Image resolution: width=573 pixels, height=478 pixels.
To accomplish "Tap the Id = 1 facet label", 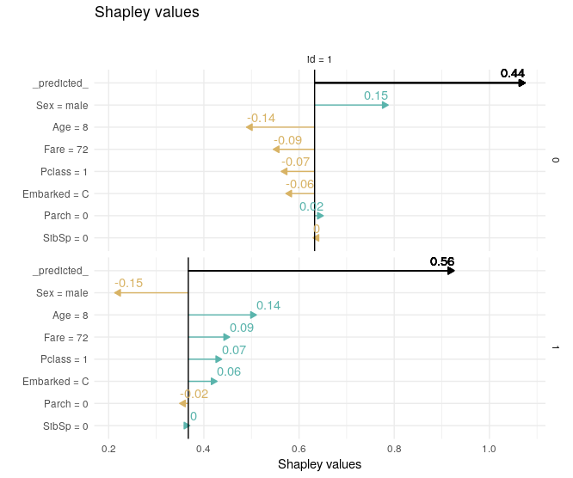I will tap(319, 59).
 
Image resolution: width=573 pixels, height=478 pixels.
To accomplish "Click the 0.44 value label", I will tap(513, 73).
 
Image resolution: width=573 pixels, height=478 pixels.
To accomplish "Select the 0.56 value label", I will tap(442, 261).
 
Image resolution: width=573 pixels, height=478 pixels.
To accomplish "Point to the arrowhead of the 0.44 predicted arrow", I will tap(521, 83).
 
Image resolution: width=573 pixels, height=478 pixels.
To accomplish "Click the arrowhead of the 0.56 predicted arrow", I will tap(451, 271).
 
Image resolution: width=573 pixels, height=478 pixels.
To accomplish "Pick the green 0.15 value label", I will tap(376, 95).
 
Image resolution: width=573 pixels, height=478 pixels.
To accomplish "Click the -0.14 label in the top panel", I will tap(261, 118).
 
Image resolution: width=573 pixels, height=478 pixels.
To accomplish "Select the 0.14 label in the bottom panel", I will tap(268, 305).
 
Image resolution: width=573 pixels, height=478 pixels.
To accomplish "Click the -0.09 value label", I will tap(287, 140).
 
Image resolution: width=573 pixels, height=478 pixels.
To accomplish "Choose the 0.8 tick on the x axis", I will tap(394, 449).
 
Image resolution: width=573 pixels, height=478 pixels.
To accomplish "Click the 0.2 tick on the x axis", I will tap(108, 449).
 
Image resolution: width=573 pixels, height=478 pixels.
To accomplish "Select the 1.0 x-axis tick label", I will tap(490, 449).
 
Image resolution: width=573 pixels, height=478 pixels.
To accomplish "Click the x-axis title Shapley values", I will tap(320, 464).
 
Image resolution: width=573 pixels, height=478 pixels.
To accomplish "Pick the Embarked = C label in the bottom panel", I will tap(56, 382).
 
